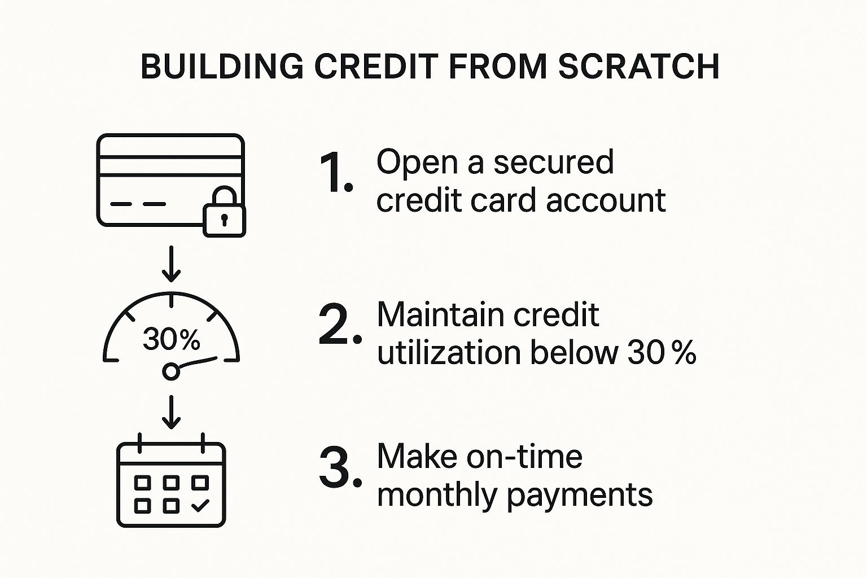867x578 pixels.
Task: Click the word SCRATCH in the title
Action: pyautogui.click(x=639, y=66)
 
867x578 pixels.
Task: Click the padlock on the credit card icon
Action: pyautogui.click(x=225, y=211)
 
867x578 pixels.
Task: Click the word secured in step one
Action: pyautogui.click(x=554, y=162)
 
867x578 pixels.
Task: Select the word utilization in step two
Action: pyautogui.click(x=449, y=352)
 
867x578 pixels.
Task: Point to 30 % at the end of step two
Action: pyautogui.click(x=662, y=353)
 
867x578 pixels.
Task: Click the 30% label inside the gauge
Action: pyautogui.click(x=172, y=340)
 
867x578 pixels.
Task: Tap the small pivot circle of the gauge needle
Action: pyautogui.click(x=171, y=371)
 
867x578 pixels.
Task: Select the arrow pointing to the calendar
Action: pyautogui.click(x=171, y=412)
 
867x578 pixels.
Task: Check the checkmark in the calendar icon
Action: pyautogui.click(x=200, y=505)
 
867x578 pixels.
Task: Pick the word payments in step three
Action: pyautogui.click(x=580, y=496)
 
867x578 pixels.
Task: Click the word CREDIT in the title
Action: pyautogui.click(x=376, y=66)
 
